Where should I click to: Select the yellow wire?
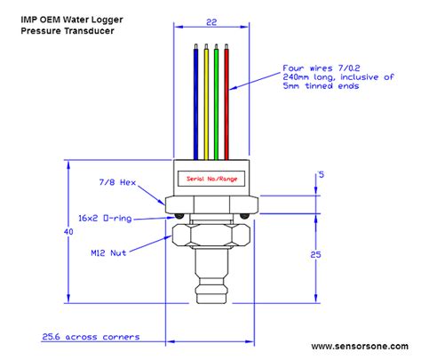pyautogui.click(x=206, y=98)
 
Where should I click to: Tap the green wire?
pyautogui.click(x=216, y=98)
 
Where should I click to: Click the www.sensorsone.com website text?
pyautogui.click(x=363, y=347)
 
